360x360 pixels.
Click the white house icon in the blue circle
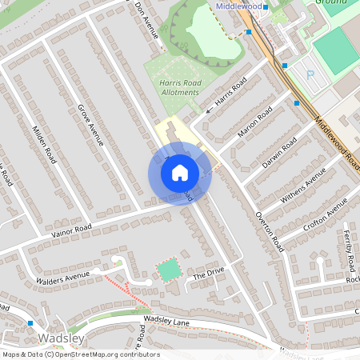pyautogui.click(x=180, y=173)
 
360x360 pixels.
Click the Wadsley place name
pyautogui.click(x=38, y=338)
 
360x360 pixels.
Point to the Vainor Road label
pyautogui.click(x=73, y=228)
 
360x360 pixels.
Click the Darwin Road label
pyautogui.click(x=279, y=152)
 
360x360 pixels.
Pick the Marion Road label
pyautogui.click(x=255, y=121)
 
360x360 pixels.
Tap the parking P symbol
pyautogui.click(x=311, y=75)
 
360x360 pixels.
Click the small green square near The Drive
pyautogui.click(x=168, y=270)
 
